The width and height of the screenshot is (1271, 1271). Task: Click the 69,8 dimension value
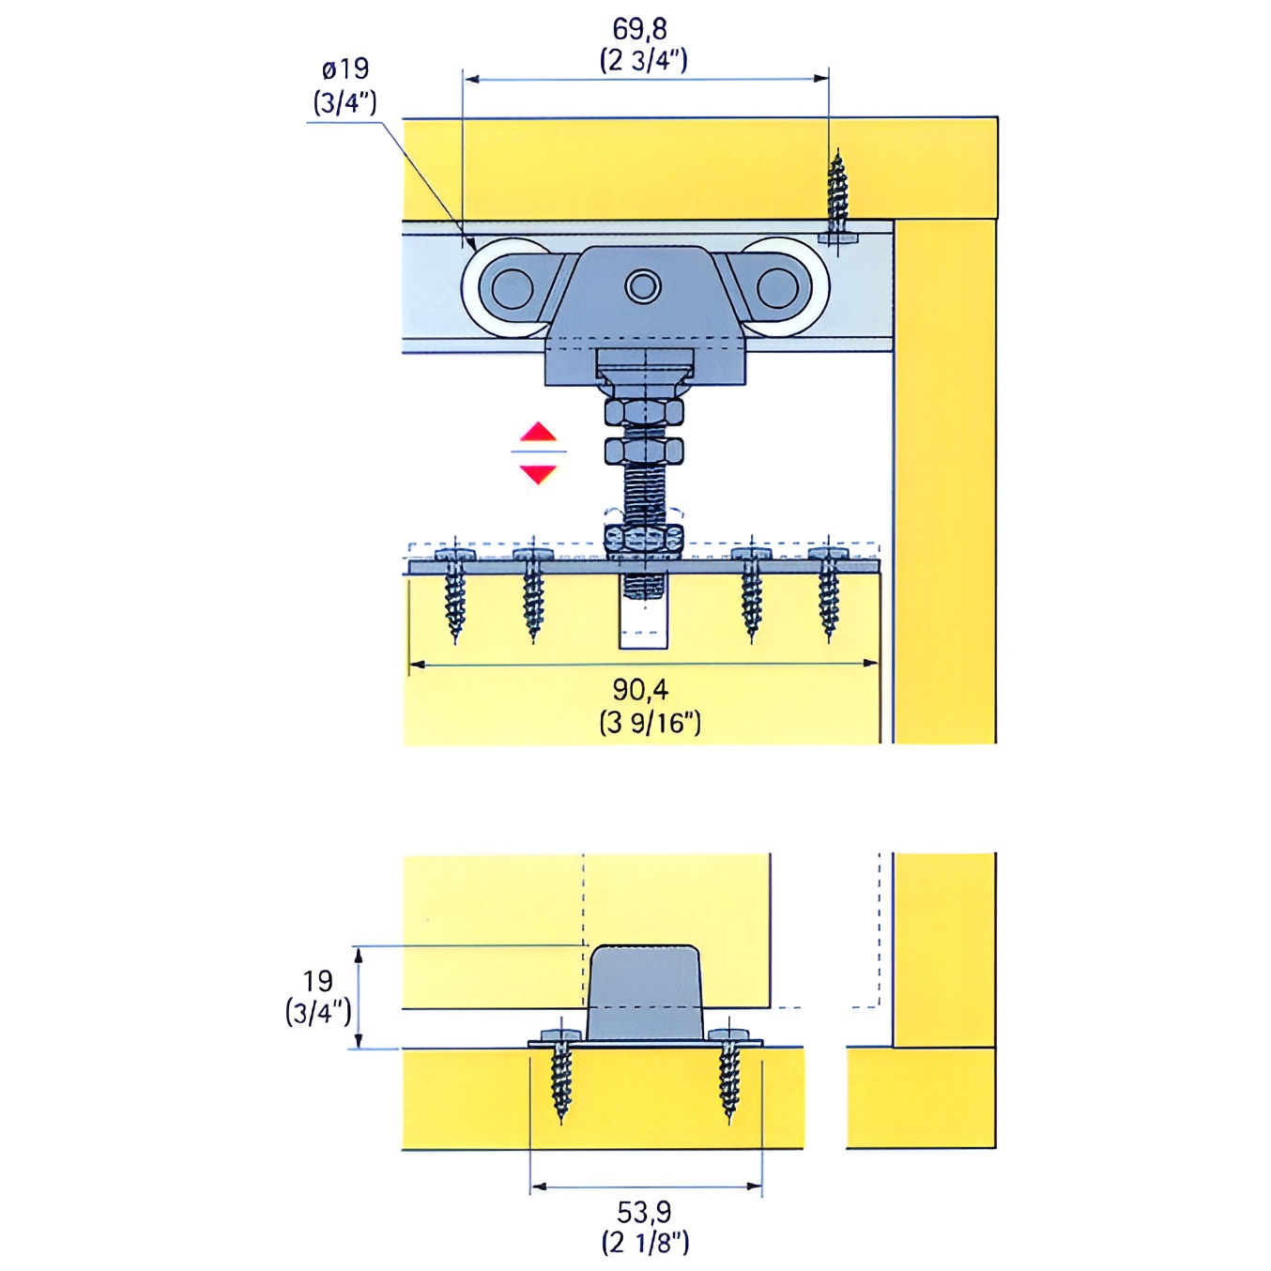tap(639, 29)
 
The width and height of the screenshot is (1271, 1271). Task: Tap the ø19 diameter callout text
tap(345, 69)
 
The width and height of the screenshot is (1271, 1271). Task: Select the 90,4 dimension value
tap(640, 690)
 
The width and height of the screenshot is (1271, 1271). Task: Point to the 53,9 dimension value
tap(644, 1212)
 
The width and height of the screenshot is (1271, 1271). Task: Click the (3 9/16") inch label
tap(650, 724)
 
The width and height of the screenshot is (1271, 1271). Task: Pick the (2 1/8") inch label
tap(644, 1244)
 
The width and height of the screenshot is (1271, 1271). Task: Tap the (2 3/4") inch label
tap(643, 61)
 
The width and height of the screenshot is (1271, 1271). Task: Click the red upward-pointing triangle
tap(538, 432)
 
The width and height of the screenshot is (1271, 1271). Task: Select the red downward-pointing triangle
tap(538, 474)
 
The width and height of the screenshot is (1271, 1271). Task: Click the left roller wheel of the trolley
tap(507, 287)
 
